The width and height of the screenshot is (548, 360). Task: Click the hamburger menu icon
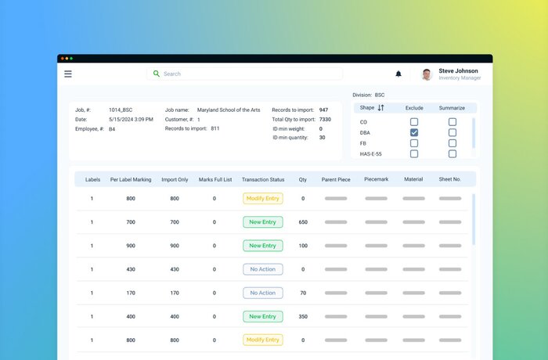(68, 74)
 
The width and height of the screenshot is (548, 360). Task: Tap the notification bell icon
(398, 74)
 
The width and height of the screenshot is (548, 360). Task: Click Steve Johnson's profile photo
(427, 74)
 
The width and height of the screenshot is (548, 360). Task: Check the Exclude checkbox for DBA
(414, 133)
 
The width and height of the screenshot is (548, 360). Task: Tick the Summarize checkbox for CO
(452, 122)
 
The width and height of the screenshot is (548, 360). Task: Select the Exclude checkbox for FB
(414, 143)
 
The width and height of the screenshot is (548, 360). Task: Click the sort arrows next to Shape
(381, 108)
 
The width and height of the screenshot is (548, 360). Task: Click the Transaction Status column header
(263, 179)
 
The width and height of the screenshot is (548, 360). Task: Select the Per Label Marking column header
(131, 179)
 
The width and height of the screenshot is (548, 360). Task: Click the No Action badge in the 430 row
(263, 269)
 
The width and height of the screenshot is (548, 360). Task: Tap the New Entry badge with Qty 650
(263, 222)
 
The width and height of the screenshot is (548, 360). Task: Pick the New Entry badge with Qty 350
(263, 316)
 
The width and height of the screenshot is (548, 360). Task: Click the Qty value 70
(303, 293)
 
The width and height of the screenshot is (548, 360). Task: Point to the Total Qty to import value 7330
(325, 119)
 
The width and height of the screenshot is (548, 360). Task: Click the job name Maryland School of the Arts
(229, 110)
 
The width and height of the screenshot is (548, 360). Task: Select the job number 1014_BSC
(121, 110)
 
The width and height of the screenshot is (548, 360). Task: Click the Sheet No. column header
(450, 179)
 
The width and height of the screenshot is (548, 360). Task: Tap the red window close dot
(62, 59)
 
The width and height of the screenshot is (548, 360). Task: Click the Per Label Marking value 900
(131, 246)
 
